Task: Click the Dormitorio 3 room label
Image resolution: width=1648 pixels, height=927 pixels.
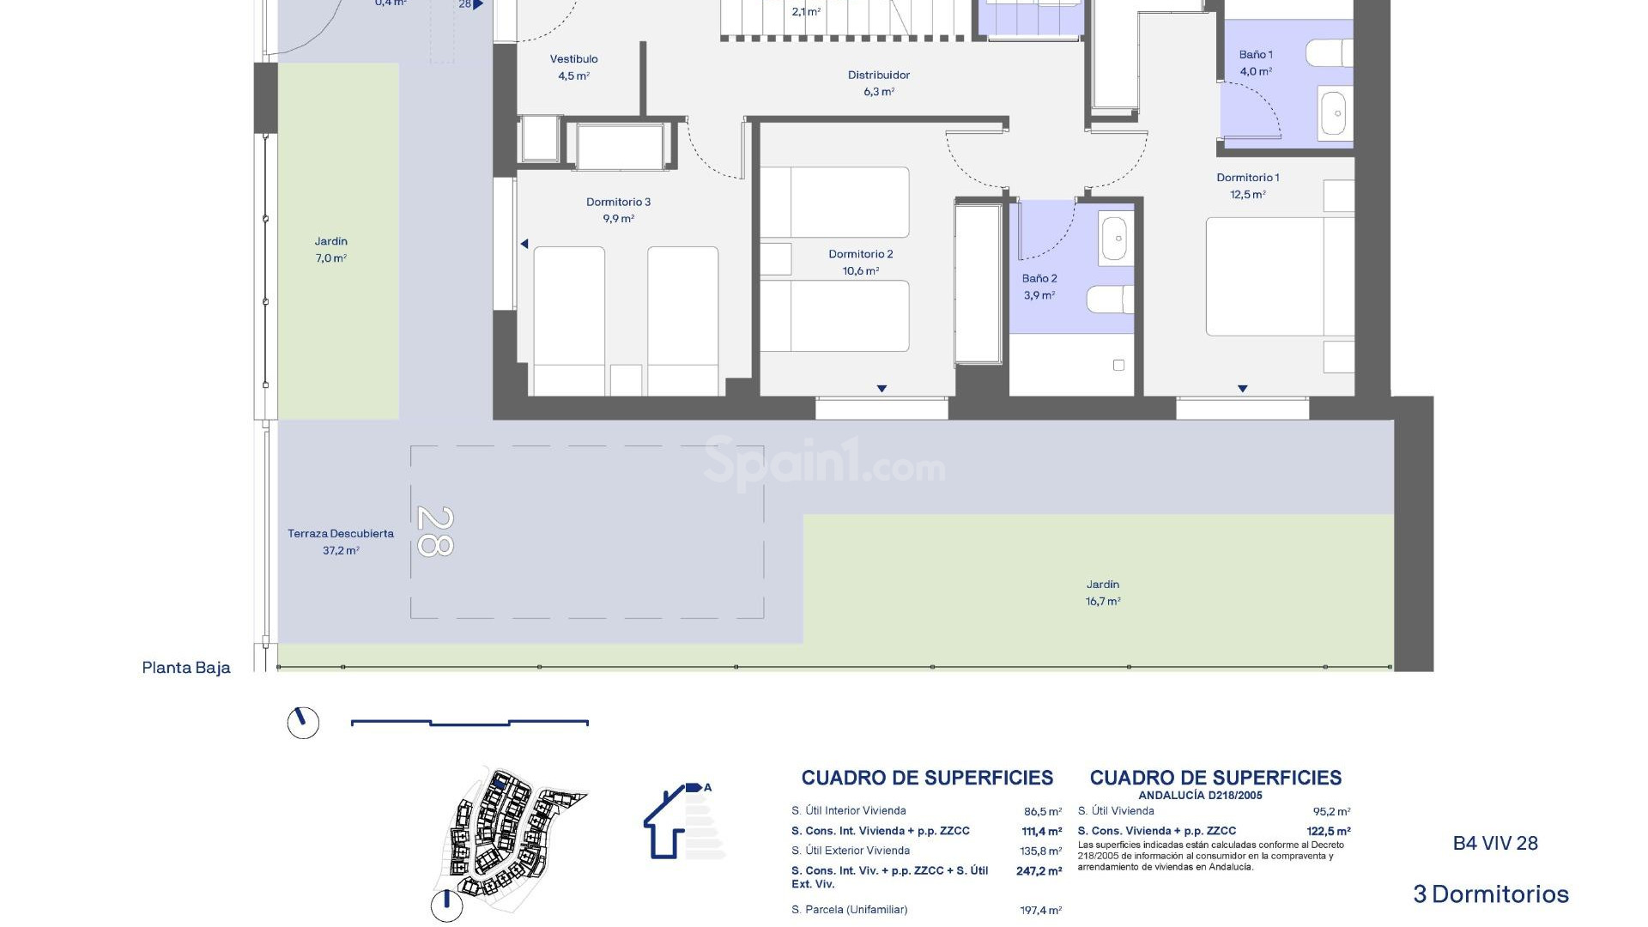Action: pos(618,203)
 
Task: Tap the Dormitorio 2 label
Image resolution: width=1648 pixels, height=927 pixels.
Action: pos(860,255)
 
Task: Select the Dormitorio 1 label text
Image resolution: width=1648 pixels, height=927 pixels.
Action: pos(1247,179)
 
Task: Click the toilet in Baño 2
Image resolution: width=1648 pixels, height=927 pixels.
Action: pos(1110,300)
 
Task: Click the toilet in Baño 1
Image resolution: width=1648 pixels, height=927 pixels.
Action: pos(1329,53)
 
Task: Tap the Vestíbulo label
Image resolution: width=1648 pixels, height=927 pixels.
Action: pos(573,60)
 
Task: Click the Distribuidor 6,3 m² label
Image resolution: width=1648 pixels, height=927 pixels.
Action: pos(878,83)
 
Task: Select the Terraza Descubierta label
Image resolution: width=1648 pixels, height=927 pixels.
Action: pos(341,534)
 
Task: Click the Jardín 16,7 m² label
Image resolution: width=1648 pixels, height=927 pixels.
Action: pos(1103,592)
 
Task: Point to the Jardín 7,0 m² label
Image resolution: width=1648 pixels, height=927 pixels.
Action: pos(330,249)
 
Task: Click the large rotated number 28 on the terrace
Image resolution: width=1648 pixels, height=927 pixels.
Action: pos(435,531)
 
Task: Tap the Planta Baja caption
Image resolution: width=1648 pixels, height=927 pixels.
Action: pos(186,668)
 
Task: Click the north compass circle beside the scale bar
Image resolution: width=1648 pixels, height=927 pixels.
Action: pos(303,723)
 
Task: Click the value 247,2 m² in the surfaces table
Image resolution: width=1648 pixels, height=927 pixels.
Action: pos(1039,871)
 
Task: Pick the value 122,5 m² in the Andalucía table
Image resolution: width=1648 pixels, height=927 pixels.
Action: pos(1329,832)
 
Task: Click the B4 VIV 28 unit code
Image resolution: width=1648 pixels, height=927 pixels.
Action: pos(1495,844)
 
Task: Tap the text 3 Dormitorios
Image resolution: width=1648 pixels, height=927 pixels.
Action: pos(1491,894)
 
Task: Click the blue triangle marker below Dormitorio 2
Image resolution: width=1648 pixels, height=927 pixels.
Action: pos(882,389)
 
